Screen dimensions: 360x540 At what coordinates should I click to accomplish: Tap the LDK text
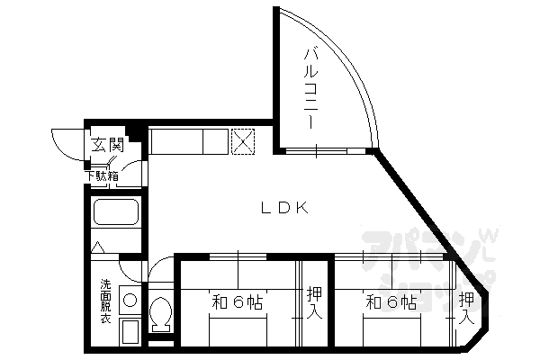(x=285, y=208)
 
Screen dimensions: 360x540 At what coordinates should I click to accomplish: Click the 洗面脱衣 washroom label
(x=105, y=301)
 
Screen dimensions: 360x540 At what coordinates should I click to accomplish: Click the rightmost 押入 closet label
(x=466, y=307)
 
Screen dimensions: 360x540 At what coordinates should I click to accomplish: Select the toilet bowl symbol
(x=161, y=315)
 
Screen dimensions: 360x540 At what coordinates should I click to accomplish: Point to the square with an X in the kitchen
(x=243, y=141)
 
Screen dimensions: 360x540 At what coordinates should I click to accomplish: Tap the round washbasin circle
(x=130, y=300)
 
